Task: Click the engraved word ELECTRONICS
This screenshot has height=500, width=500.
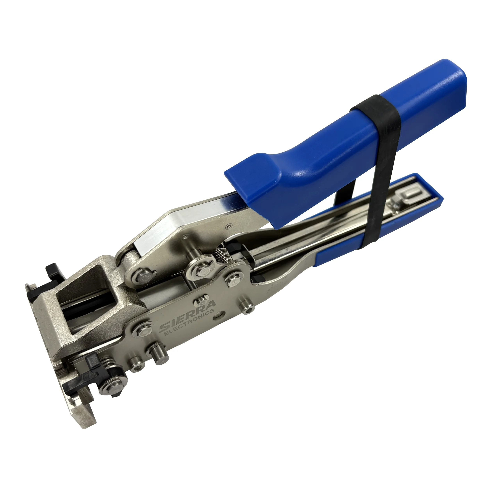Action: point(190,324)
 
